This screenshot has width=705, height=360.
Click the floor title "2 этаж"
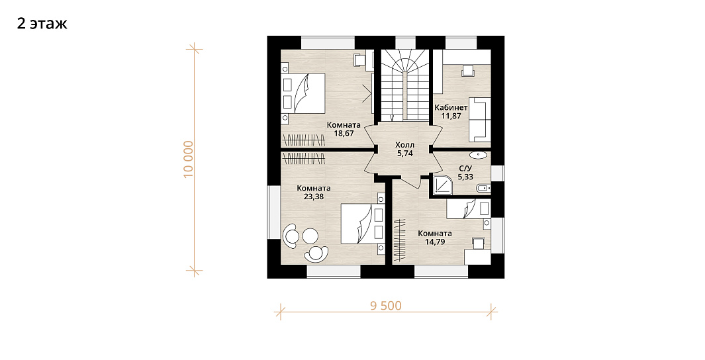click(42, 23)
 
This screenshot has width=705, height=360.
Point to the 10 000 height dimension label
click(189, 159)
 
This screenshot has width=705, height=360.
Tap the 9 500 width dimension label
click(386, 306)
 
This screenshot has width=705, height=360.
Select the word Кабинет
click(451, 108)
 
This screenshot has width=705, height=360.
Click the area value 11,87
click(451, 116)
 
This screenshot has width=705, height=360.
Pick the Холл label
click(404, 145)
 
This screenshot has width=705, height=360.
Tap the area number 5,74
click(404, 154)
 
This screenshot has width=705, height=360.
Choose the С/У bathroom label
click(465, 169)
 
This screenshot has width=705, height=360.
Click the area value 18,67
click(344, 133)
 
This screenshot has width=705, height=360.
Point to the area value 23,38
click(314, 197)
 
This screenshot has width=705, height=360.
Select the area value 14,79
click(435, 242)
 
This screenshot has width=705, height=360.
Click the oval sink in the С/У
click(478, 156)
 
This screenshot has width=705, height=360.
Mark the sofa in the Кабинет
click(479, 118)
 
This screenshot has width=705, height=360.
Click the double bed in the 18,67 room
click(303, 93)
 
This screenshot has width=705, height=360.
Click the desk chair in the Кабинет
click(468, 71)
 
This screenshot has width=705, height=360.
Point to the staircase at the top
click(406, 85)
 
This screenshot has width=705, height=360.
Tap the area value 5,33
click(465, 177)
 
